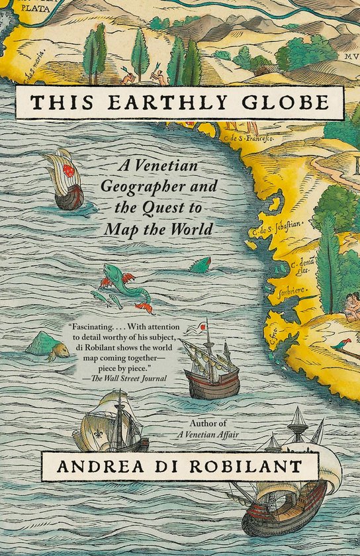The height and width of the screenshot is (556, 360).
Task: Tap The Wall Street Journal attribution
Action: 129,378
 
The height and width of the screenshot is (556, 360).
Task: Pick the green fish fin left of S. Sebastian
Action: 199,264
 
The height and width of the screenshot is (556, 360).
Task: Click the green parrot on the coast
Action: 342,344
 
